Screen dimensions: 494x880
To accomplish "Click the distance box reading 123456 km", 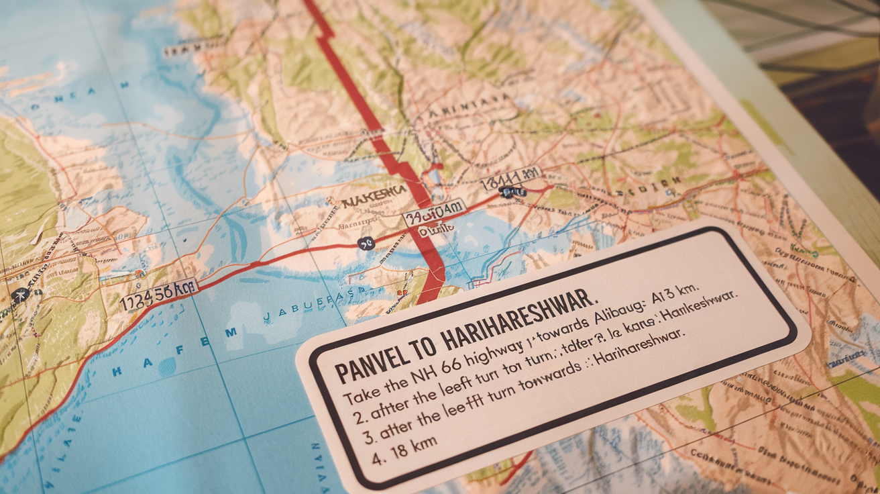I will pos(158,294).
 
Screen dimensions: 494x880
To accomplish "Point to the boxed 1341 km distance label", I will pos(510,175).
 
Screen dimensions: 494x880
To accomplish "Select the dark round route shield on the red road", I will pos(366,244).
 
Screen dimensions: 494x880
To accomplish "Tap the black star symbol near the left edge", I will pos(20,294).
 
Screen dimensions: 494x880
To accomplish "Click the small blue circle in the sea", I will pos(166,366).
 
